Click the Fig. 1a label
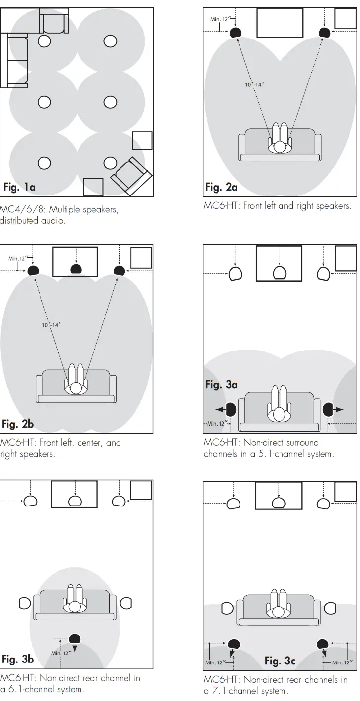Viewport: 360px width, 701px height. (x=19, y=187)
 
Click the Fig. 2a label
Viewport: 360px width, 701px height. (x=221, y=187)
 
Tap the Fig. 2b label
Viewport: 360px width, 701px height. (x=18, y=424)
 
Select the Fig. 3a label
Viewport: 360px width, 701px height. (x=221, y=385)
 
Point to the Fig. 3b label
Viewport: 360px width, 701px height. (x=18, y=659)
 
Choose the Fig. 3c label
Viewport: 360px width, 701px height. (x=280, y=661)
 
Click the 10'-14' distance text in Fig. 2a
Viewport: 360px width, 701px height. (x=254, y=84)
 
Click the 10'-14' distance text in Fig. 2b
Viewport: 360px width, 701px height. (x=51, y=325)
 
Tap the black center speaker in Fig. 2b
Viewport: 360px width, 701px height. (x=76, y=269)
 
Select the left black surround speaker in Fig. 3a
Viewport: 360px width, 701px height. (x=231, y=410)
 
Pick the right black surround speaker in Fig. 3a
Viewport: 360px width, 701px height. (x=328, y=410)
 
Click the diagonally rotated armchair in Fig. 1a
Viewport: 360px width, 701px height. (x=131, y=176)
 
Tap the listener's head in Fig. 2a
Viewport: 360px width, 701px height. (x=280, y=147)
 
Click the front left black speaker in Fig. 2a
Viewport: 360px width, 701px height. (x=236, y=33)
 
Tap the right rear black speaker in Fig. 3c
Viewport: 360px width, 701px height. (x=323, y=643)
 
